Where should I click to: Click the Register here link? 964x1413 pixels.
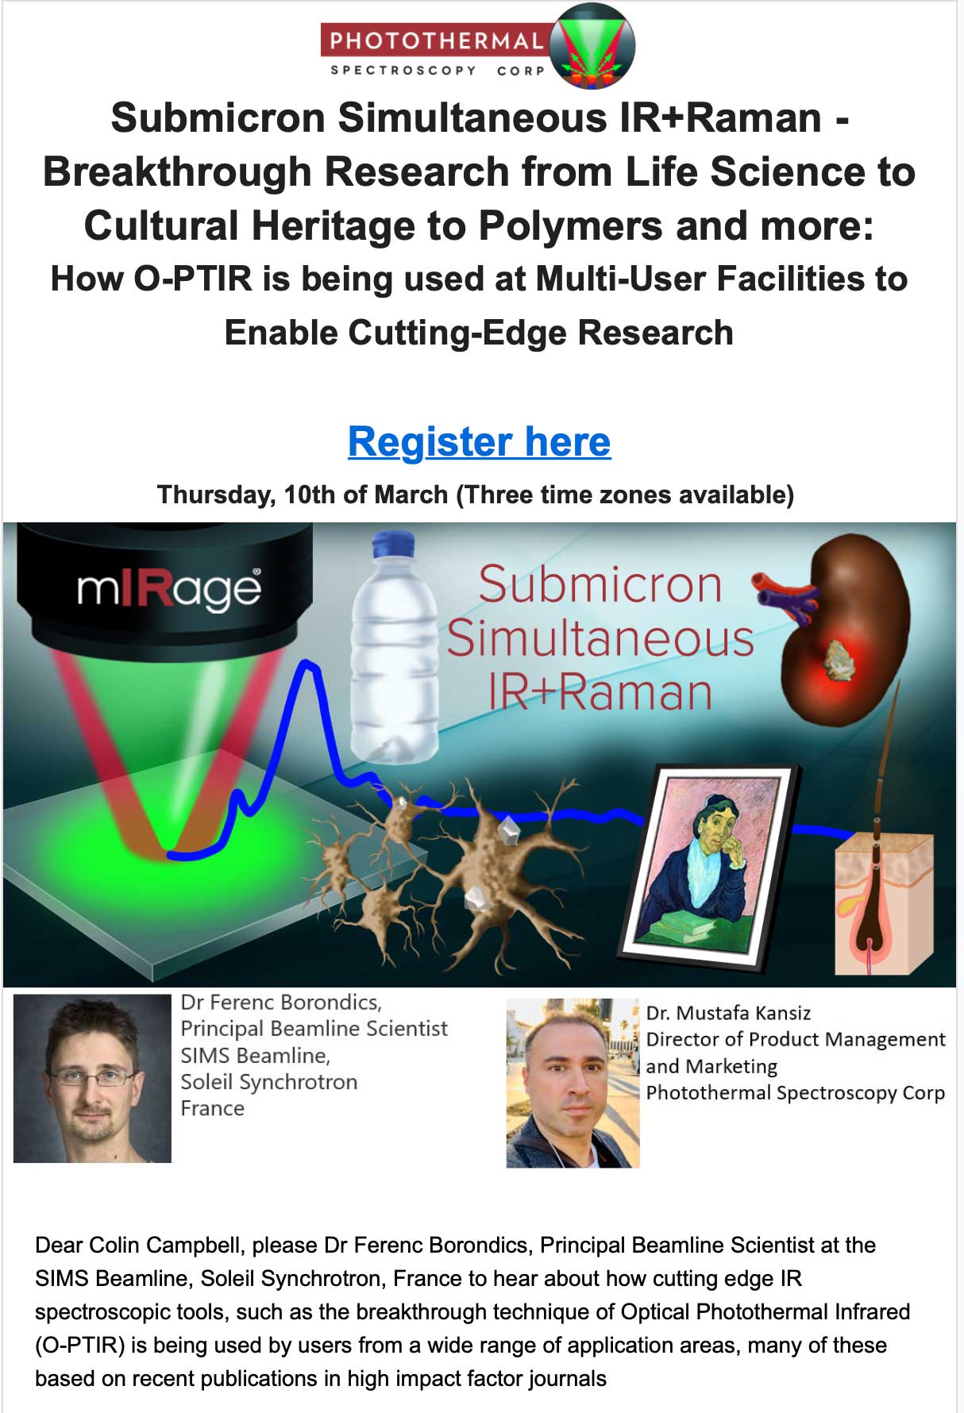click(x=479, y=441)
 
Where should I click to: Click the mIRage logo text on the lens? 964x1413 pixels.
click(x=168, y=589)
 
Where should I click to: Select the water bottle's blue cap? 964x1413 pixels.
click(x=394, y=545)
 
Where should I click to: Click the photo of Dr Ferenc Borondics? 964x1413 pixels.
click(x=92, y=1078)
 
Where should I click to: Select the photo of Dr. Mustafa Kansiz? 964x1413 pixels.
click(x=573, y=1083)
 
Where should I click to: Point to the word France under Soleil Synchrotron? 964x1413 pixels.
click(x=212, y=1108)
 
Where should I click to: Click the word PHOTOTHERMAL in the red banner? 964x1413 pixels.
click(x=436, y=40)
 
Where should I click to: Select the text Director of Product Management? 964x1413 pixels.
click(x=796, y=1039)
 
